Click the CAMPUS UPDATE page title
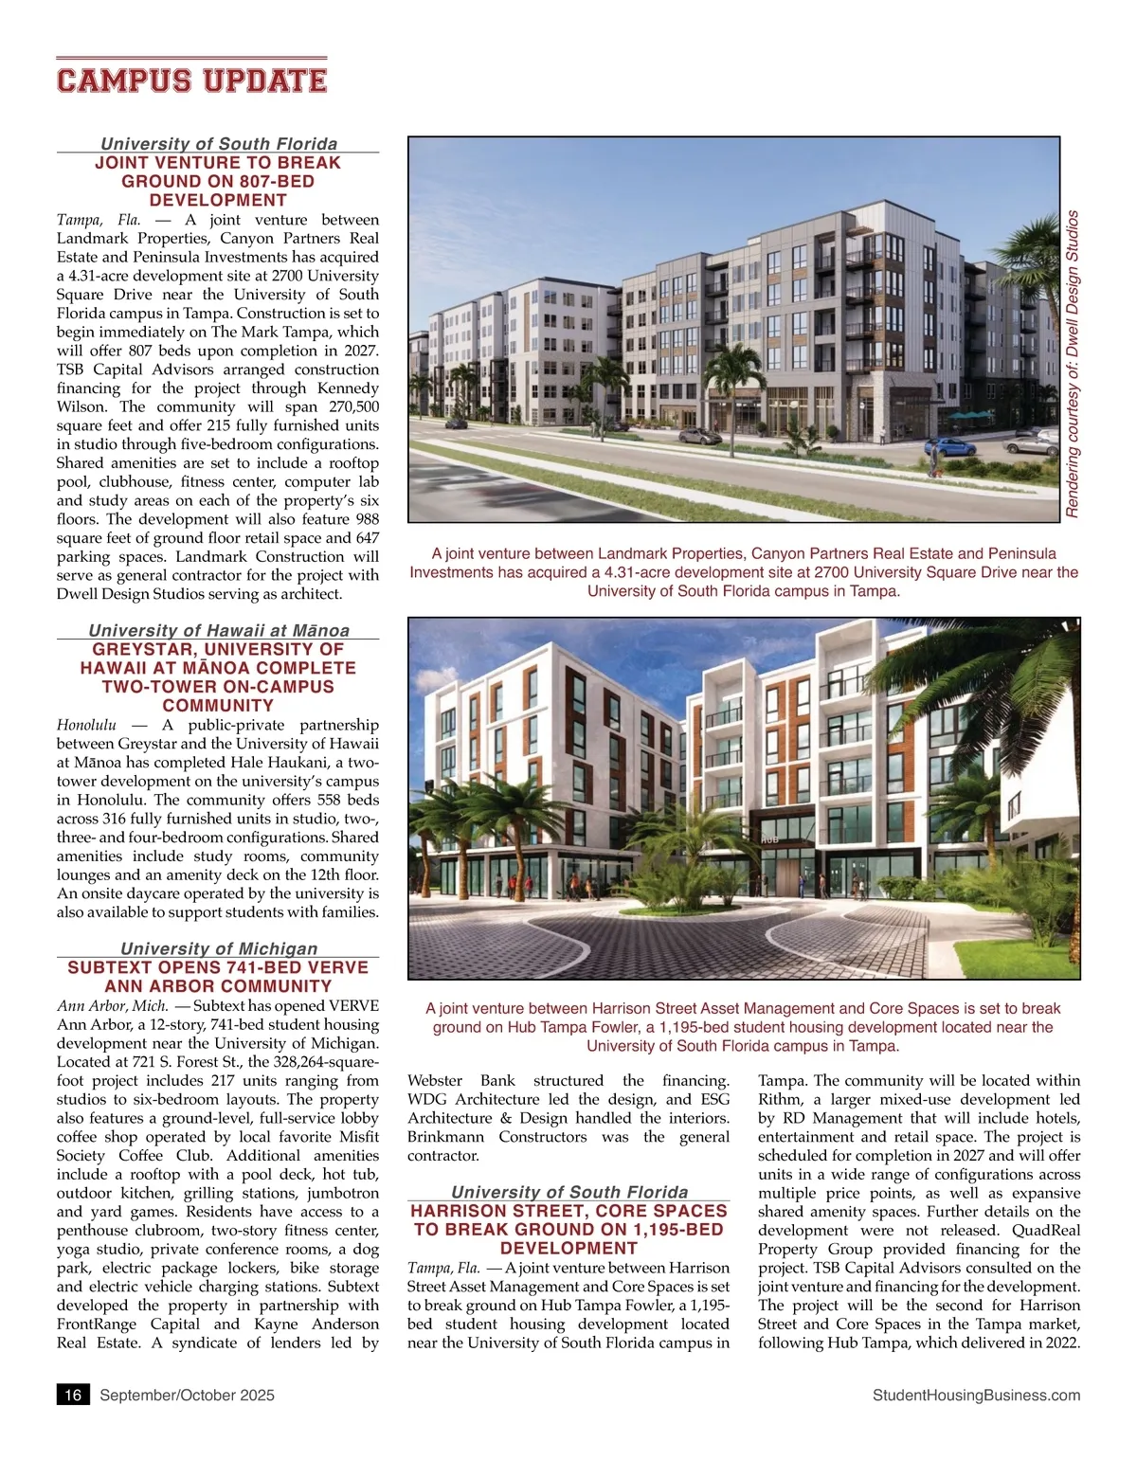point(191,80)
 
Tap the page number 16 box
point(73,1395)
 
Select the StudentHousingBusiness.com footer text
point(976,1395)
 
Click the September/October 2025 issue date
point(187,1395)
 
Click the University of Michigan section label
point(219,948)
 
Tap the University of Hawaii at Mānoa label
point(219,630)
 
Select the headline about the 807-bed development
point(218,181)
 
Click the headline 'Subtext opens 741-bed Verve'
point(218,976)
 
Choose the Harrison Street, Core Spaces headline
point(568,1229)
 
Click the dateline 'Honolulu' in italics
point(86,725)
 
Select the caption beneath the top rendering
point(744,572)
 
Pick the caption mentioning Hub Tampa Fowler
point(743,1027)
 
